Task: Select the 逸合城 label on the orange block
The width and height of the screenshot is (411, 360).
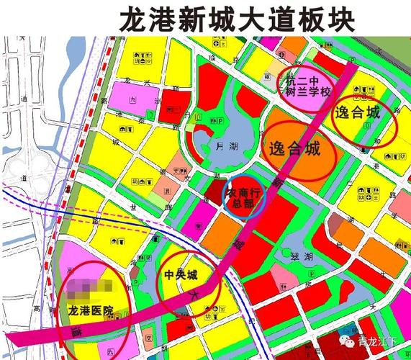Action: pyautogui.click(x=294, y=150)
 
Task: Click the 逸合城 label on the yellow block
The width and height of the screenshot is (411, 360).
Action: pyautogui.click(x=357, y=112)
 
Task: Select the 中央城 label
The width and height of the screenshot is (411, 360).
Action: pyautogui.click(x=181, y=275)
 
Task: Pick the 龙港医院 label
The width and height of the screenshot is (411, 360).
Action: pyautogui.click(x=91, y=311)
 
